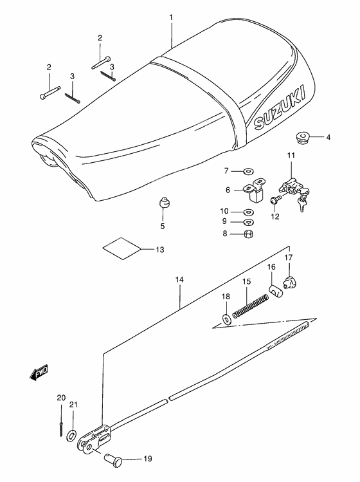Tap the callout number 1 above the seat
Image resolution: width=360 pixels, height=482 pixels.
pyautogui.click(x=171, y=18)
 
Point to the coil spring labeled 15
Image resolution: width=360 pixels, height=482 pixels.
pyautogui.click(x=249, y=305)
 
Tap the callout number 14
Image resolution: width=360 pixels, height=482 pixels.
pyautogui.click(x=180, y=281)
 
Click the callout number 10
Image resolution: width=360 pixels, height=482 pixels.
pyautogui.click(x=224, y=211)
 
